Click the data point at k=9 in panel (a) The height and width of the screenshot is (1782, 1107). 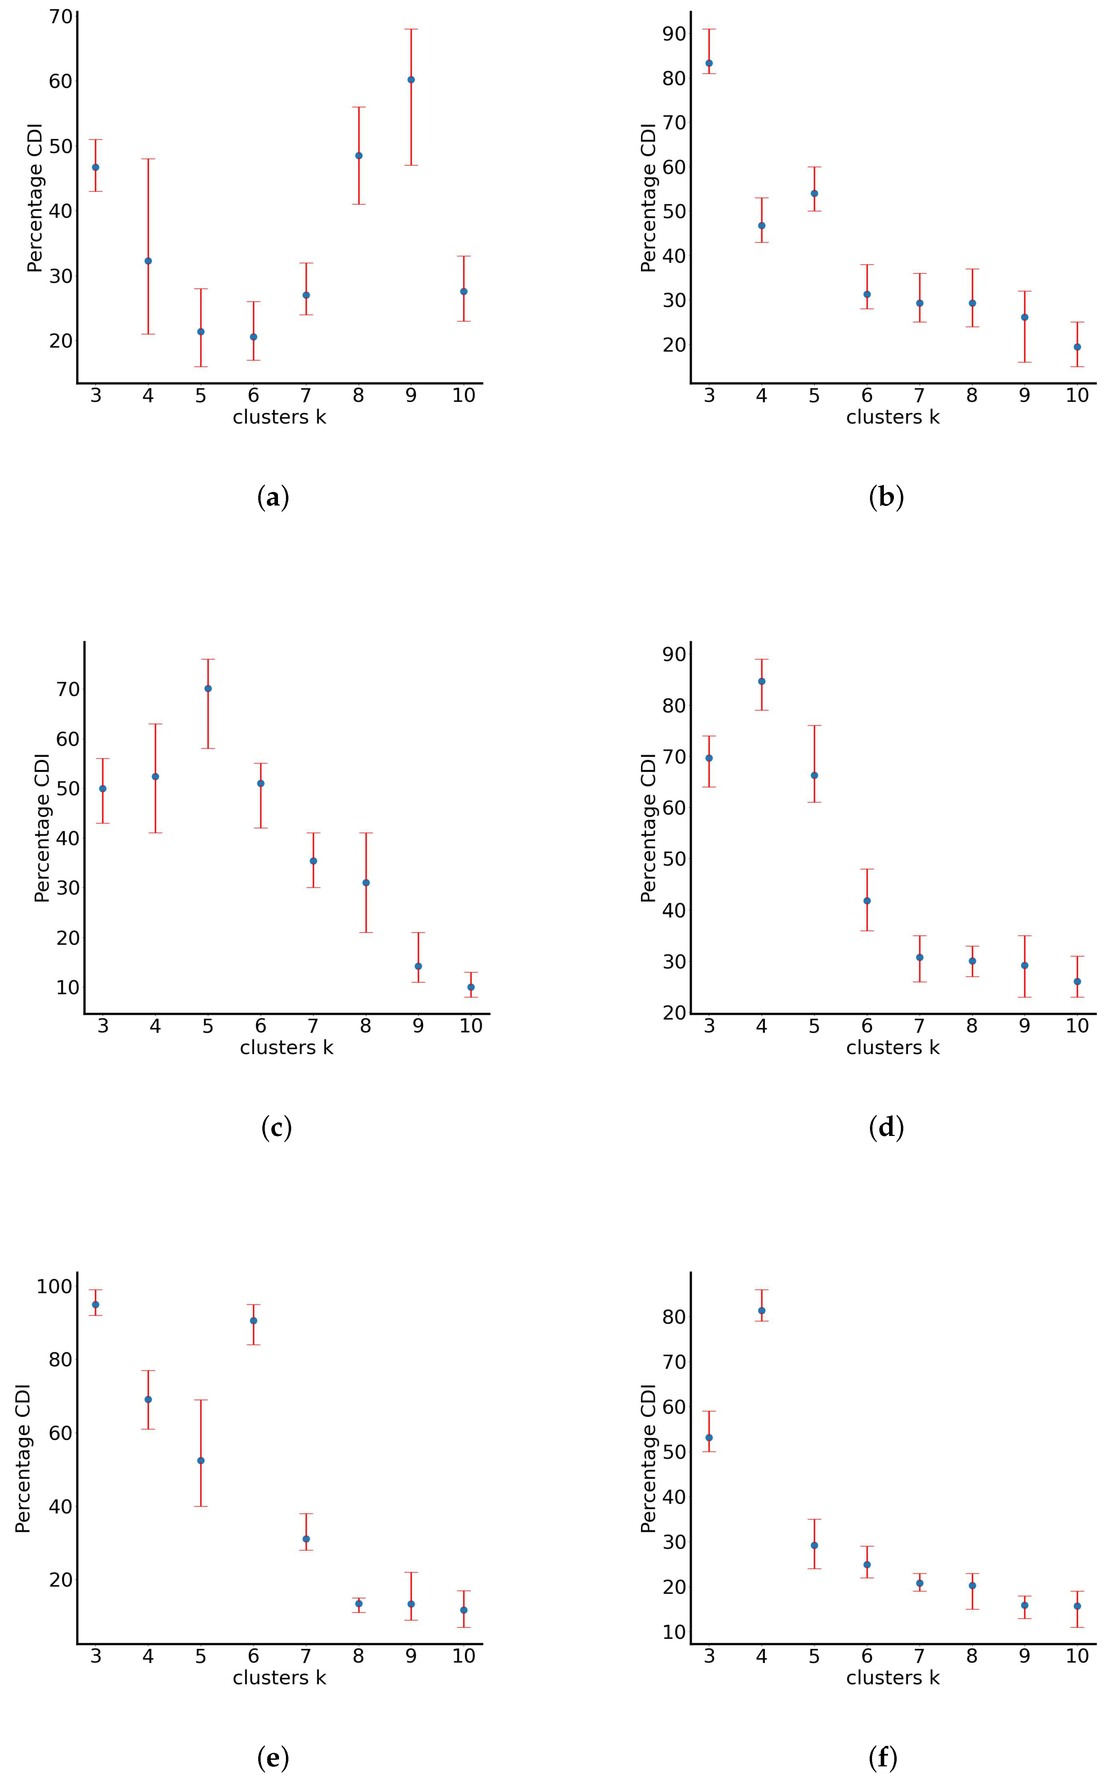tap(411, 80)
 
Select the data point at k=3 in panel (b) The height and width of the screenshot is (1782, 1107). tap(709, 63)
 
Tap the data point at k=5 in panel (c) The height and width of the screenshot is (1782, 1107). tap(208, 689)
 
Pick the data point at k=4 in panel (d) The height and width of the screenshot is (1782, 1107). tap(761, 681)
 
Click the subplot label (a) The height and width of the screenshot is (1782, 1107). tap(273, 498)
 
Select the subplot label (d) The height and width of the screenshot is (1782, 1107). tap(886, 1128)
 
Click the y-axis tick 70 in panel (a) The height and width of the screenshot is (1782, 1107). tap(61, 16)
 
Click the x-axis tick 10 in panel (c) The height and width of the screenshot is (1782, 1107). tap(471, 1026)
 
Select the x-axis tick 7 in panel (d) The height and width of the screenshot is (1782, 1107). tap(920, 1026)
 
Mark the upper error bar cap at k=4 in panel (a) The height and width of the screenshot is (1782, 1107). tap(148, 159)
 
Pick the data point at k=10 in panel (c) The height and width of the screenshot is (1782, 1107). tap(471, 987)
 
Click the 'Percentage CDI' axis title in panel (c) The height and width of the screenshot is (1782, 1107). tap(42, 828)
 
